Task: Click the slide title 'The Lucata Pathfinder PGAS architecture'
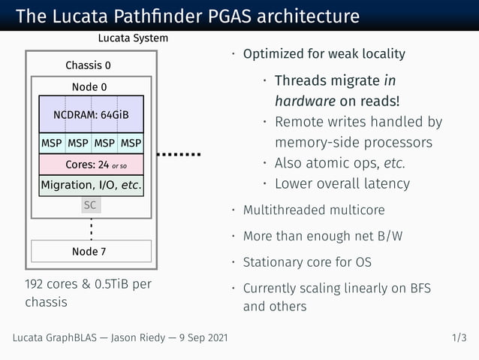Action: click(x=188, y=16)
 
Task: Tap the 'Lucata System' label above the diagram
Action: click(x=133, y=38)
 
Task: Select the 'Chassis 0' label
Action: click(x=88, y=65)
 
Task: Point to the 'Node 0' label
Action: click(x=89, y=86)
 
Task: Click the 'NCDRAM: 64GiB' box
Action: click(x=91, y=115)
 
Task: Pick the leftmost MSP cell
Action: click(x=51, y=143)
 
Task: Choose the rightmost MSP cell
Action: click(x=131, y=143)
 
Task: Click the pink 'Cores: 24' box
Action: click(x=91, y=164)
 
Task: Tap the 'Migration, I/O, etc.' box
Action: click(x=91, y=185)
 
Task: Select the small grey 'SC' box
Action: click(x=90, y=204)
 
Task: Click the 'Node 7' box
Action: click(x=90, y=251)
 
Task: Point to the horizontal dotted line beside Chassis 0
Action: click(x=179, y=154)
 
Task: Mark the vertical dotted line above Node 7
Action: click(x=91, y=227)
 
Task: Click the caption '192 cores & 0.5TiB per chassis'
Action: click(x=88, y=294)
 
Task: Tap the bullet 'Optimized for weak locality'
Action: click(x=324, y=54)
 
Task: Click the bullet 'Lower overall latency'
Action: click(x=342, y=183)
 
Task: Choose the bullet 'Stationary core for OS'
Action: click(x=306, y=262)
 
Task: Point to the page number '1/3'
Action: click(x=459, y=338)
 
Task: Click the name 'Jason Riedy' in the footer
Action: click(x=142, y=338)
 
